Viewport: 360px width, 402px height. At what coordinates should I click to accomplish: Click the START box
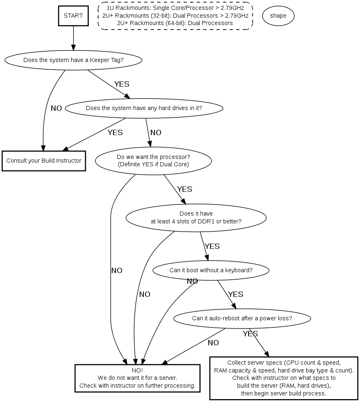[x=73, y=16]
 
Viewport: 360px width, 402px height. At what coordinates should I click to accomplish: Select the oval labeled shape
[x=278, y=16]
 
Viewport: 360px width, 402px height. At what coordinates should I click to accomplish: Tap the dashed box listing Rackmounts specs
[x=175, y=16]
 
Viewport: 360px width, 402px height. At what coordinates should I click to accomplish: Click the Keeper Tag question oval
[x=73, y=60]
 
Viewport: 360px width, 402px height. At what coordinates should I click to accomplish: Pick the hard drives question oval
[x=144, y=108]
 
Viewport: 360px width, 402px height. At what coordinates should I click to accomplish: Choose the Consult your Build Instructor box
[x=44, y=161]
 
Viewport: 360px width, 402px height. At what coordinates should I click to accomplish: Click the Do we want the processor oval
[x=153, y=161]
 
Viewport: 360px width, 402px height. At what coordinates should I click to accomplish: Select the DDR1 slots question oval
[x=196, y=217]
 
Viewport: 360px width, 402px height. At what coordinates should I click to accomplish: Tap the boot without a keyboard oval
[x=211, y=270]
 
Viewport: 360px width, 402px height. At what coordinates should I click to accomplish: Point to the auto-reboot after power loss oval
[x=242, y=318]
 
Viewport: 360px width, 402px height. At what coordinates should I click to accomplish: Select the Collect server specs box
[x=284, y=378]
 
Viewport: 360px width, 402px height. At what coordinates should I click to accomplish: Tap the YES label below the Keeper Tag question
[x=122, y=84]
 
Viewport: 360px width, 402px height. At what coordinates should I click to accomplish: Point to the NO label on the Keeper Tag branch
[x=56, y=108]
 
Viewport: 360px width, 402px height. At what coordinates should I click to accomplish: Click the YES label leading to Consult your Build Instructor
[x=115, y=133]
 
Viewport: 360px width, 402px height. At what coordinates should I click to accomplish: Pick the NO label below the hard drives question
[x=156, y=133]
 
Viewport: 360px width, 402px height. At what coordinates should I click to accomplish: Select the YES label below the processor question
[x=185, y=189]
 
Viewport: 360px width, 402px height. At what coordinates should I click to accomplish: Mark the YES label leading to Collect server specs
[x=250, y=334]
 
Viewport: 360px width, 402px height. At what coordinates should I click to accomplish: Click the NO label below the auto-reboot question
[x=213, y=342]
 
